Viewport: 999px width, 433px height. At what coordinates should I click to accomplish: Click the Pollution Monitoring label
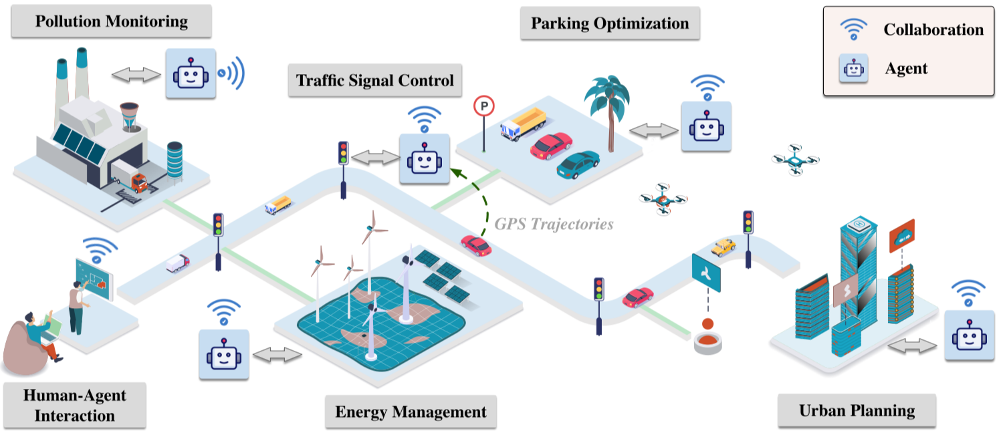(111, 21)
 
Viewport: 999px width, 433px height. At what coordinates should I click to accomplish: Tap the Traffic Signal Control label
(374, 81)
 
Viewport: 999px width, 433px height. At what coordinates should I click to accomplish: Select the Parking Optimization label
(609, 23)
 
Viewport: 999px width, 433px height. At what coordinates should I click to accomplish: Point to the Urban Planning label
(857, 410)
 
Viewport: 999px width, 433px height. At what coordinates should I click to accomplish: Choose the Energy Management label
(411, 411)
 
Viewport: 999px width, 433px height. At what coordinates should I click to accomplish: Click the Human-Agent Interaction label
(74, 405)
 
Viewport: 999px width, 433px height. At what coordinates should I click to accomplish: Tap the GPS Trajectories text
(554, 224)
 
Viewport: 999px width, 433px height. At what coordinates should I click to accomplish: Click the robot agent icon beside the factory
(191, 74)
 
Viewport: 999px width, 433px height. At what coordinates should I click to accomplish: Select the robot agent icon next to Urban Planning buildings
(970, 336)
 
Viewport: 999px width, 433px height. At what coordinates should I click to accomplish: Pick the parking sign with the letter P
(483, 105)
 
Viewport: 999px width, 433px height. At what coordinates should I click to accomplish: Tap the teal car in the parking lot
(578, 164)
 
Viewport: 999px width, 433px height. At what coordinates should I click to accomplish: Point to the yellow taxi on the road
(723, 247)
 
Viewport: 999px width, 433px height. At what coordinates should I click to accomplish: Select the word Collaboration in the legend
(933, 29)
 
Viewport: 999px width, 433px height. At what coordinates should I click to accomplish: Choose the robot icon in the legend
(854, 68)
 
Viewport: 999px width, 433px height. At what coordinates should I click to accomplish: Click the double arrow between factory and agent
(136, 75)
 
